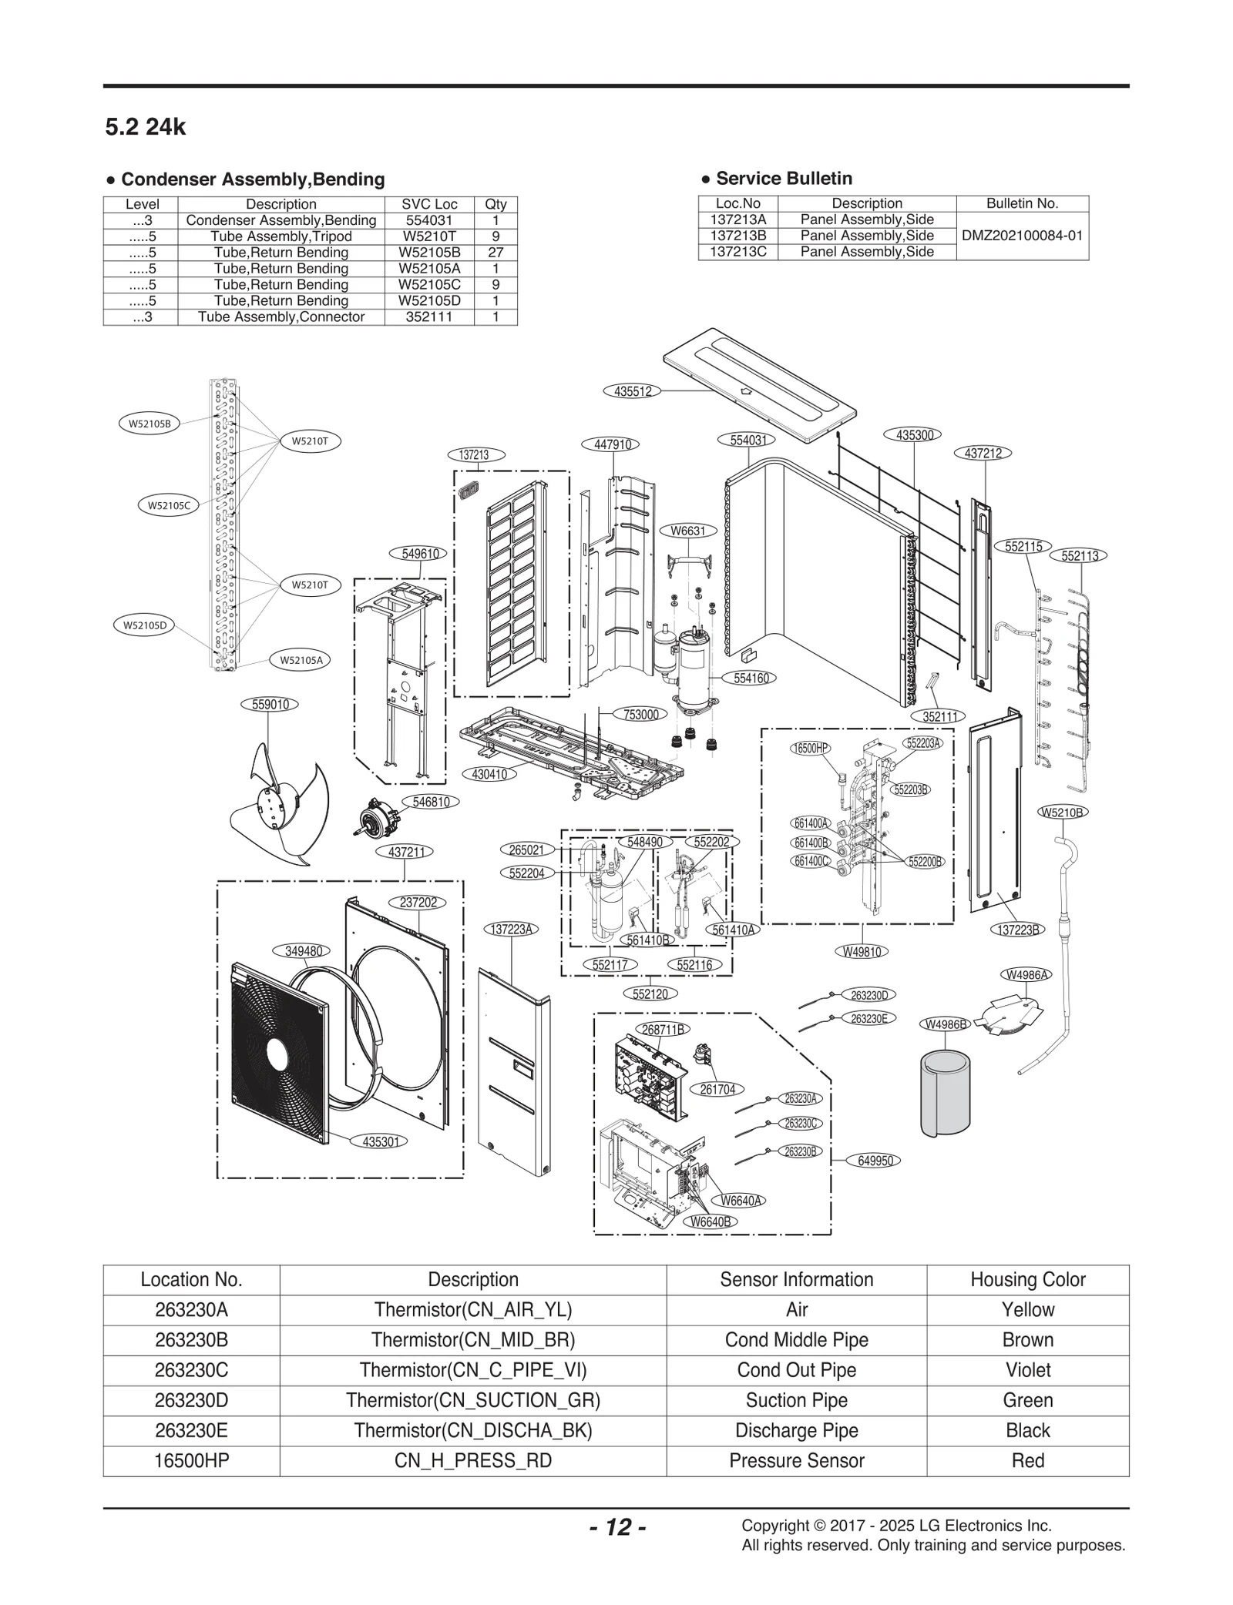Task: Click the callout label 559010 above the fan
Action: [x=270, y=704]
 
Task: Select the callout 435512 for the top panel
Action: [x=633, y=391]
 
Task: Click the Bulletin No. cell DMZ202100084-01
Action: [x=1022, y=236]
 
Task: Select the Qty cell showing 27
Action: [x=496, y=253]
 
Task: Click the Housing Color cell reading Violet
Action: [x=1027, y=1369]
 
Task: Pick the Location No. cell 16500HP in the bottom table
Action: [x=191, y=1460]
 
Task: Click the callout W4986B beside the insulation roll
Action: [x=946, y=1024]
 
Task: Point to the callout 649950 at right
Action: [x=875, y=1161]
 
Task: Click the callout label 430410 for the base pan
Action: [x=489, y=774]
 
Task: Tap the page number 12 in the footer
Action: [x=617, y=1527]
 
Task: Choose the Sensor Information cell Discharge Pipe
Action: [x=796, y=1430]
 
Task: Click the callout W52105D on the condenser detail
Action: [x=144, y=625]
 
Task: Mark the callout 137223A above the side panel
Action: [x=512, y=929]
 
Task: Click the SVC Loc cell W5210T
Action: [x=429, y=236]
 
